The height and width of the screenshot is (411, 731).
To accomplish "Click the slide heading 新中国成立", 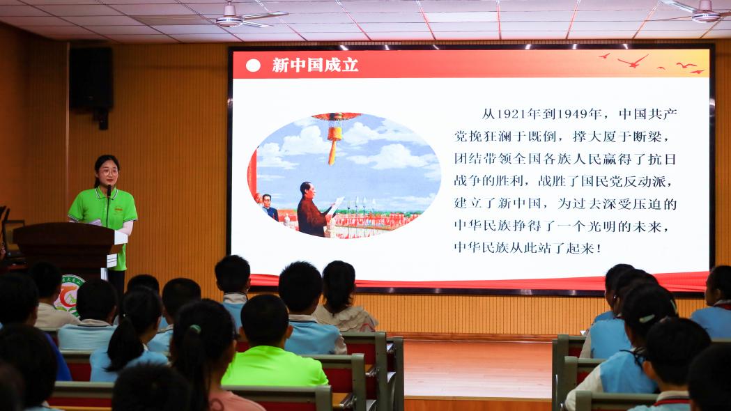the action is (315, 65).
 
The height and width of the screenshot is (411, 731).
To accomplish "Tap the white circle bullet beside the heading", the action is (253, 65).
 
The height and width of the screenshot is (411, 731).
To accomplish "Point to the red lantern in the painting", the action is (334, 134).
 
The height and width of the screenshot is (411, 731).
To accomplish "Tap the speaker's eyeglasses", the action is (109, 172).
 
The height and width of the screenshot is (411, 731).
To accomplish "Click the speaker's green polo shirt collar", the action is (108, 192).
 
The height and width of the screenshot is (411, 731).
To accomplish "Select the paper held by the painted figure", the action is (336, 205).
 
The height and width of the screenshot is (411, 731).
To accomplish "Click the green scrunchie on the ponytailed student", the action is (195, 329).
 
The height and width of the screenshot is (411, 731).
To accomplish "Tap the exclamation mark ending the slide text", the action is (599, 248).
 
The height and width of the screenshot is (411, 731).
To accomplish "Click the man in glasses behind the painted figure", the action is (269, 207).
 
